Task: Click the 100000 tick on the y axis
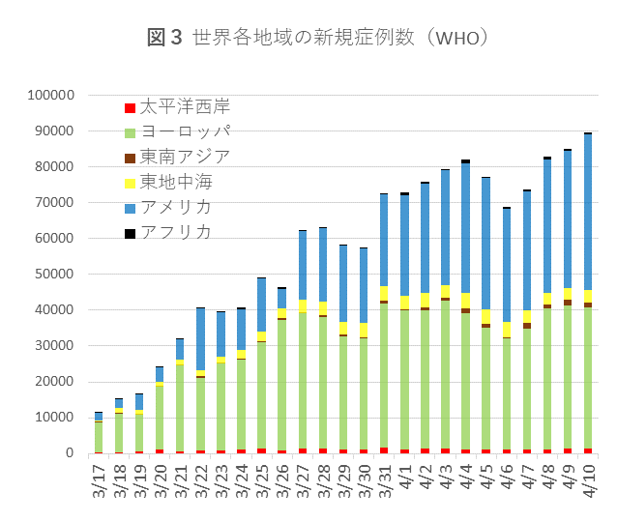[52, 96]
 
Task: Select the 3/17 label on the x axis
[99, 482]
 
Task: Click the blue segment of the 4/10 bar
[587, 212]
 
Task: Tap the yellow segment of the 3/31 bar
[384, 293]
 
